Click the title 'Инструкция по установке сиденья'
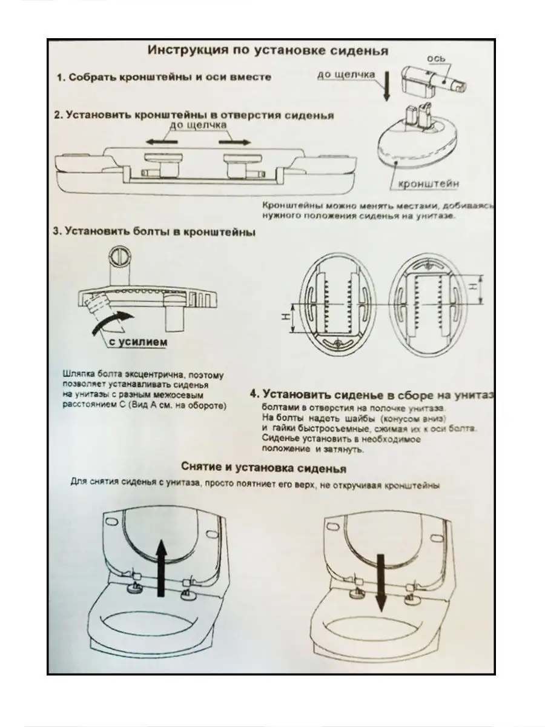[268, 50]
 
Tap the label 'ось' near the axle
[437, 58]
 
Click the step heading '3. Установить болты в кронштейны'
[155, 232]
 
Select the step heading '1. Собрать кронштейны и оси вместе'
[164, 78]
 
